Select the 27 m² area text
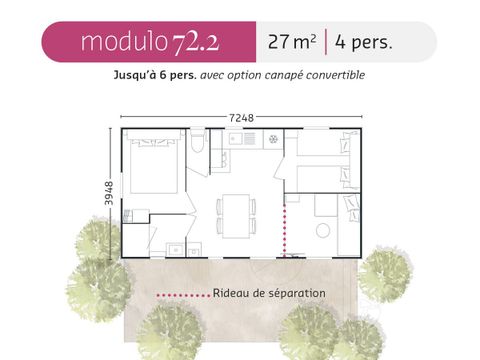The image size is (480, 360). (x=292, y=42)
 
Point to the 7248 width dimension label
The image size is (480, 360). (x=241, y=117)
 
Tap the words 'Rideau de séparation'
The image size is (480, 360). (x=269, y=294)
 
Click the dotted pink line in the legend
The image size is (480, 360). (x=182, y=295)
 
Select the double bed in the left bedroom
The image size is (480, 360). (x=152, y=167)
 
